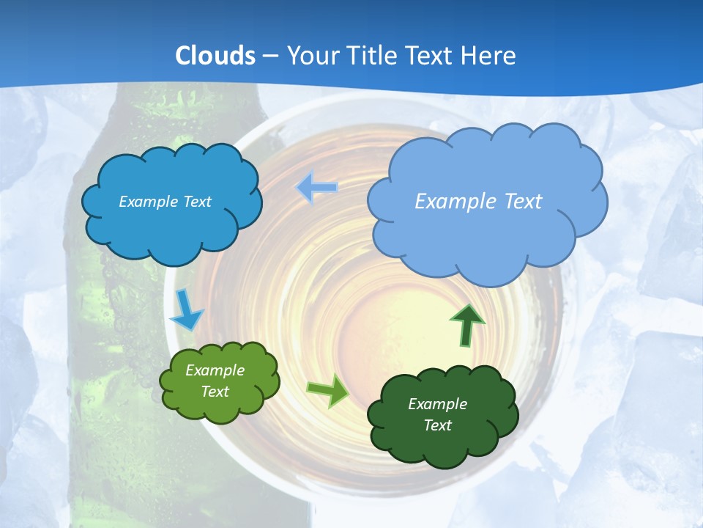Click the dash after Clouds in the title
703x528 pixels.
pos(270,56)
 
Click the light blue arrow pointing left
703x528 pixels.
pos(316,188)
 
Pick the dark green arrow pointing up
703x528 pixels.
pos(466,326)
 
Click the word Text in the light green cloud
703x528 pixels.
pos(215,392)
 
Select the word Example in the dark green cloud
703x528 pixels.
pos(437,404)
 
